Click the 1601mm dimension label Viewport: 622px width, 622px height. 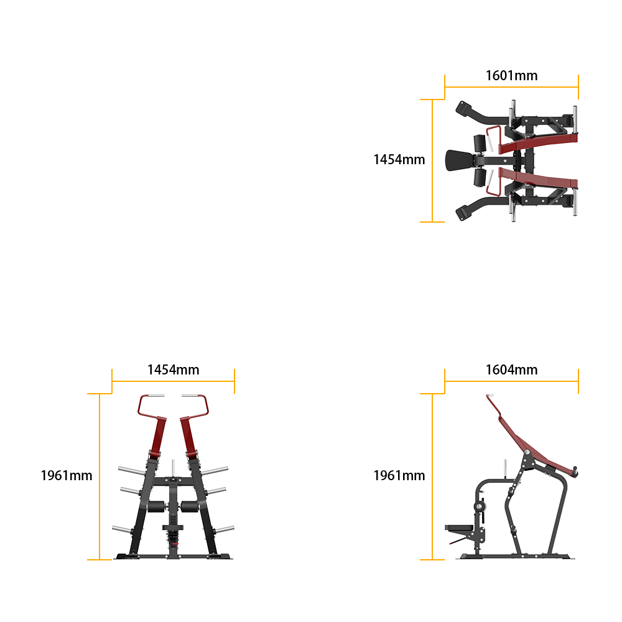coord(511,75)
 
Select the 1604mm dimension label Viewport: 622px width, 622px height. coord(511,369)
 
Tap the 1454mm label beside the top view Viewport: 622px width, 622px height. coord(399,159)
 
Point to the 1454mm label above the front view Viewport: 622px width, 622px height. coord(174,369)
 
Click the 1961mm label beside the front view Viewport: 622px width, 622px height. coord(67,475)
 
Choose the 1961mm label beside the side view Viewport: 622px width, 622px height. coord(399,475)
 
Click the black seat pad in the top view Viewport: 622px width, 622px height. coord(459,160)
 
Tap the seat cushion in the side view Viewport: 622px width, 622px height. coord(459,527)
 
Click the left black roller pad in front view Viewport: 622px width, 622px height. coord(156,506)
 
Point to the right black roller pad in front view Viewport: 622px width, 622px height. coord(190,506)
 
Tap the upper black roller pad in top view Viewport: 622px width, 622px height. coord(480,144)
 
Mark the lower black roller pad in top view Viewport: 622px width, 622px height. coord(480,177)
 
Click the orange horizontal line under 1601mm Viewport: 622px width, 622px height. coord(511,87)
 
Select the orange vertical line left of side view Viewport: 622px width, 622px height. coord(432,476)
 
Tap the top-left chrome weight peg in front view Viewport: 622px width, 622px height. coord(132,471)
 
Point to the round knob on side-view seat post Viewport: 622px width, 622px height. coord(480,506)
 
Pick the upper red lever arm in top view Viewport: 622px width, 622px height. coord(538,143)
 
